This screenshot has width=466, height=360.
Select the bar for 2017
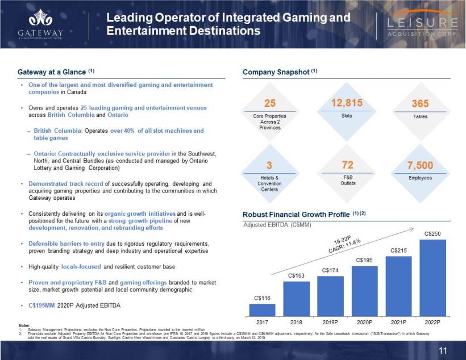pyautogui.click(x=262, y=309)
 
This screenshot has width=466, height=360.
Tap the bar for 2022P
pyautogui.click(x=432, y=278)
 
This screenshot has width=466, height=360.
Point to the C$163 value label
pyautogui.click(x=296, y=275)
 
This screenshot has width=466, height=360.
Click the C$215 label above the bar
pyautogui.click(x=398, y=250)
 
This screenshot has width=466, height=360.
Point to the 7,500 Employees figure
pyautogui.click(x=421, y=166)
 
